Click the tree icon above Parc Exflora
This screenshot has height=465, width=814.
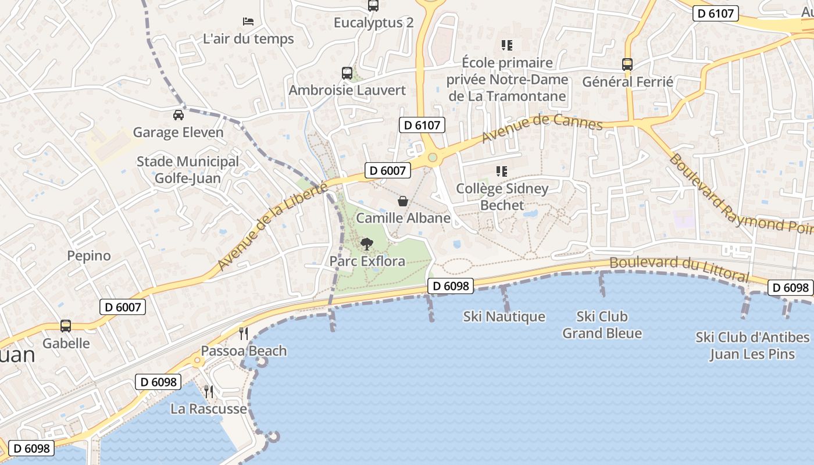click(366, 244)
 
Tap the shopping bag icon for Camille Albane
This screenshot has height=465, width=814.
click(402, 201)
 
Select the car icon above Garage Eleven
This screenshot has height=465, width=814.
click(178, 115)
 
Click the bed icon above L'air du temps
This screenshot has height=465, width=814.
click(248, 22)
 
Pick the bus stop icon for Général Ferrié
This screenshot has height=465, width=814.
click(627, 65)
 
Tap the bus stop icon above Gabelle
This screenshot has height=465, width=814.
click(66, 326)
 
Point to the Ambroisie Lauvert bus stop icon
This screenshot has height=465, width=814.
click(347, 73)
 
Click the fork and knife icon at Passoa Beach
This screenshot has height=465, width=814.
click(244, 334)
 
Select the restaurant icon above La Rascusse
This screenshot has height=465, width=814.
click(209, 391)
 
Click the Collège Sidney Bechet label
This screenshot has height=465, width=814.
click(502, 196)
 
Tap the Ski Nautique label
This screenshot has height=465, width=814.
click(504, 317)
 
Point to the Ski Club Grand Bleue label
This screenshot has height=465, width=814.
click(602, 325)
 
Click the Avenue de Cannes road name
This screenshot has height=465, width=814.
click(542, 131)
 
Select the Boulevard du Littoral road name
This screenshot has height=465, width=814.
click(679, 268)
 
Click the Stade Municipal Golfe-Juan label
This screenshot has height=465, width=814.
click(188, 169)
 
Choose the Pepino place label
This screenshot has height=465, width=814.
click(89, 256)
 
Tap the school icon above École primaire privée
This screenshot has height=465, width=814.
click(506, 45)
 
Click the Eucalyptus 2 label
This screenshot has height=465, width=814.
click(373, 23)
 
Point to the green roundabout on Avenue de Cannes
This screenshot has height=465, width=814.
click(432, 157)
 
